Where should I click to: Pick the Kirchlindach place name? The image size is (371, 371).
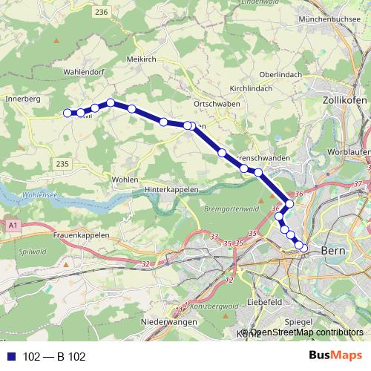pyautogui.click(x=252, y=88)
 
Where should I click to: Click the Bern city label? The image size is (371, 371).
pyautogui.click(x=335, y=252)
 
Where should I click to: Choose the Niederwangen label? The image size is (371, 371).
pyautogui.click(x=168, y=322)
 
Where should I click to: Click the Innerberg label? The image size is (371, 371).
pyautogui.click(x=22, y=98)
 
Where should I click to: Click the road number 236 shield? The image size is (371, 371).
pyautogui.click(x=102, y=12)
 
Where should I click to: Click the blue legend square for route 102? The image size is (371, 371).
pyautogui.click(x=10, y=357)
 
